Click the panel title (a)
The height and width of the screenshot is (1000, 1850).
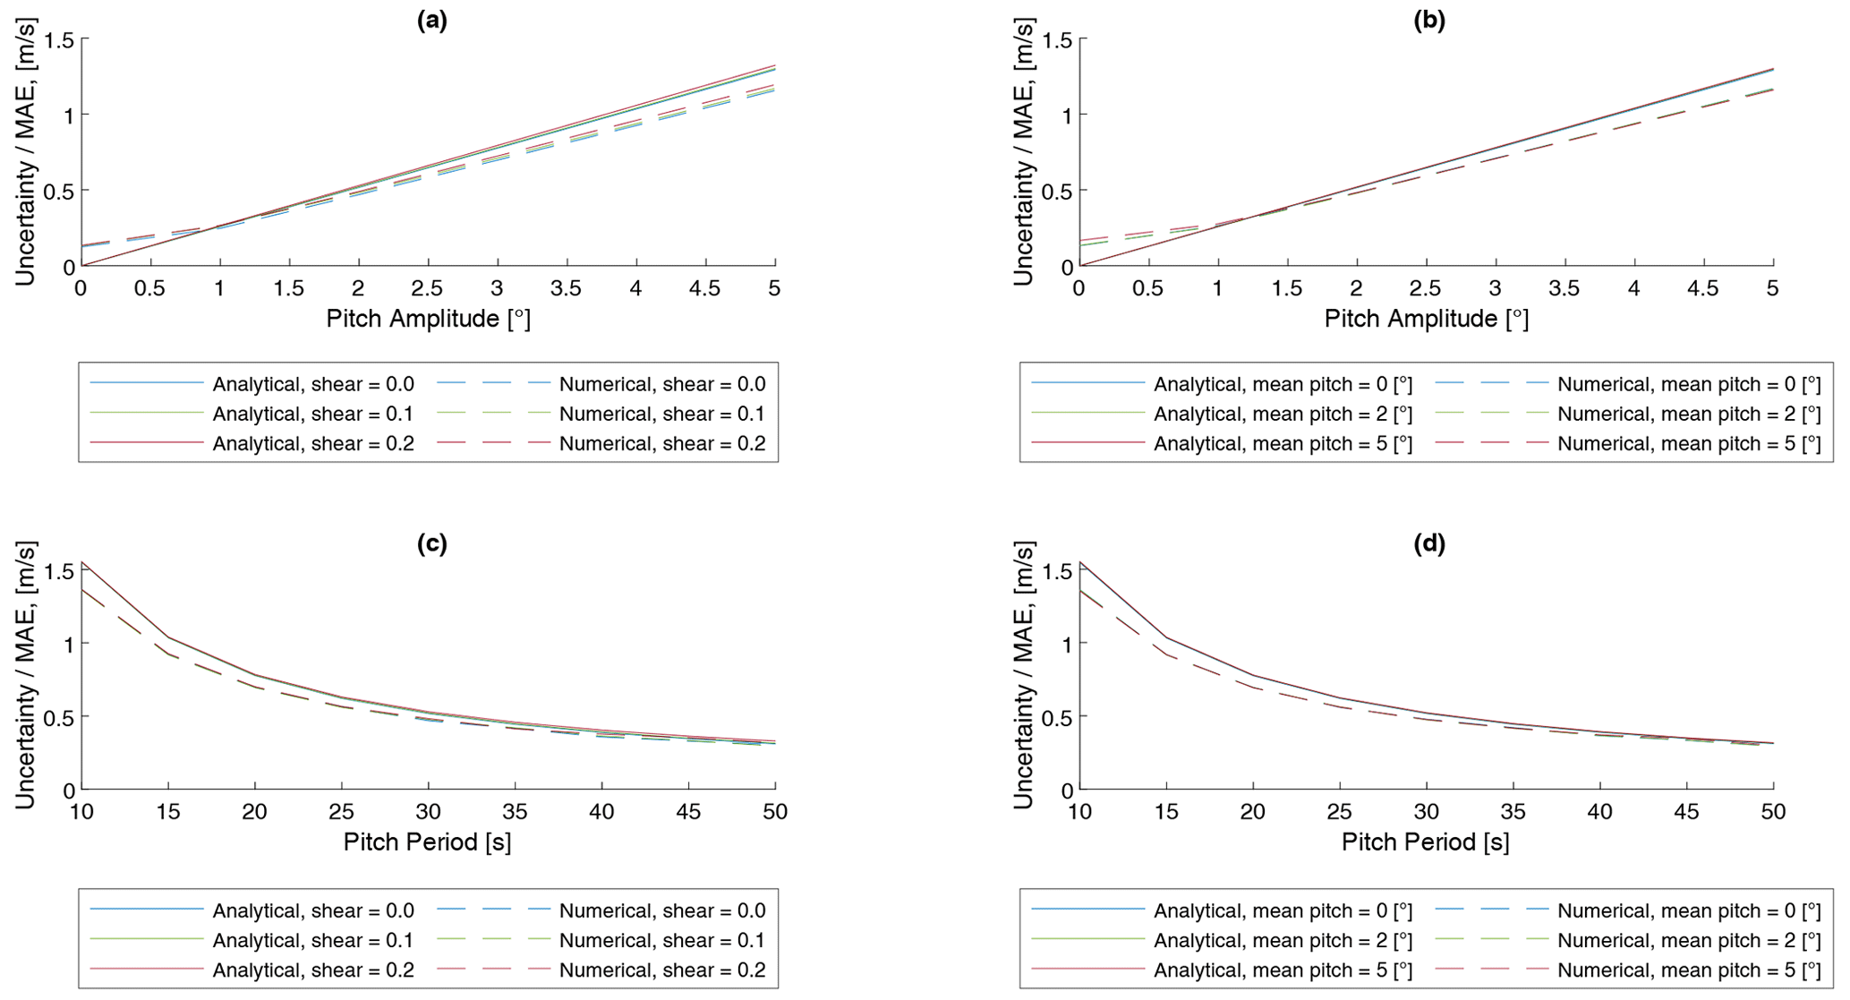tap(432, 21)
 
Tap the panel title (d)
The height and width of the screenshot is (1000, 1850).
tap(1429, 543)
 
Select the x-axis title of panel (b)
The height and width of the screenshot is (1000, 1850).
tap(1427, 319)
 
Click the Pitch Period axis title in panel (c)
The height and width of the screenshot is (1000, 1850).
tap(427, 842)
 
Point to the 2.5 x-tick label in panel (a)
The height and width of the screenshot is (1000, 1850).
tap(427, 288)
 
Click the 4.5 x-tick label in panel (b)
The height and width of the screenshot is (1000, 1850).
tap(1703, 288)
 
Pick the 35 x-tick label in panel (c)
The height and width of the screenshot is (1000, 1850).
tap(515, 812)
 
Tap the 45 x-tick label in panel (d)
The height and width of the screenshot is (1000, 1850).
tap(1686, 812)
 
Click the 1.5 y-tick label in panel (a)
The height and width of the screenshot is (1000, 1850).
tap(54, 39)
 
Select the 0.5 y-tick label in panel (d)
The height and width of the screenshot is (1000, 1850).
tap(1053, 716)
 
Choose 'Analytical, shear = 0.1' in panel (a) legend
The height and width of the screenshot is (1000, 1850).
tap(312, 414)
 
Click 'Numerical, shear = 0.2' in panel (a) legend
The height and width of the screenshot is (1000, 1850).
tap(662, 443)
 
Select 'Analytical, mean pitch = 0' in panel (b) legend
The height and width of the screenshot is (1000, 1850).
tap(1283, 384)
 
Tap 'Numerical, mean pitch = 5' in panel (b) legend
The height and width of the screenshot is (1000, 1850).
tap(1689, 443)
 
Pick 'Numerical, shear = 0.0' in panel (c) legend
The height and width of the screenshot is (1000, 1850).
tap(662, 910)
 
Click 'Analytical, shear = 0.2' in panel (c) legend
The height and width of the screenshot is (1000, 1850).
tap(312, 970)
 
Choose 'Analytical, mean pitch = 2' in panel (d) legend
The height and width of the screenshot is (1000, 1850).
tap(1283, 940)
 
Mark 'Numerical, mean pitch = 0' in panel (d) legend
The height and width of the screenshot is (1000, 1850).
tap(1689, 910)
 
